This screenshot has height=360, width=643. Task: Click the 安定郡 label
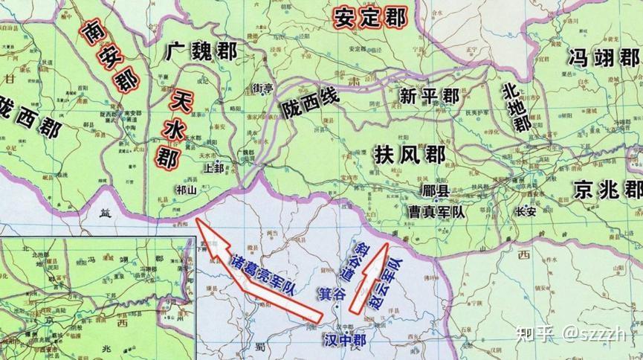369,16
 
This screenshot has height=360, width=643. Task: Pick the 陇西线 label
308,105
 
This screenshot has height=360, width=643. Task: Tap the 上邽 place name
213,168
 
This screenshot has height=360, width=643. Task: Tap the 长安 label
525,211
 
